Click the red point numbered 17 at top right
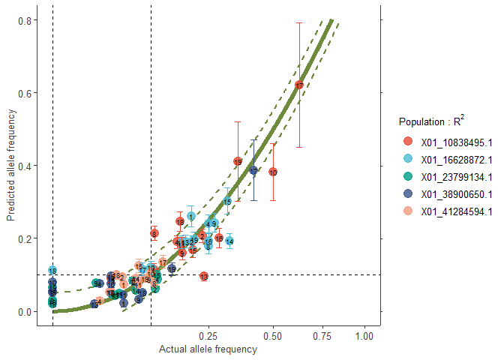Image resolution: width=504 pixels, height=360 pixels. tap(299, 85)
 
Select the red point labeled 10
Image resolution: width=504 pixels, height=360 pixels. tap(273, 172)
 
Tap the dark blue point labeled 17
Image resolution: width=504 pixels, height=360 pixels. tap(253, 171)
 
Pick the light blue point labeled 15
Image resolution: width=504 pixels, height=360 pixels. tap(227, 201)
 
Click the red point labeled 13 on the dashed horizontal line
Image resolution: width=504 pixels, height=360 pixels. tap(204, 276)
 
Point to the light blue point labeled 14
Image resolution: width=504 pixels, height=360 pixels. tap(229, 241)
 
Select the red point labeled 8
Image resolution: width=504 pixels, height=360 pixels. tap(154, 234)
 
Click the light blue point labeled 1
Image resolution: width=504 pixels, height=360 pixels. tap(191, 217)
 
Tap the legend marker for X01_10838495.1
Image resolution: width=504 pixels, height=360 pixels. tap(408, 141)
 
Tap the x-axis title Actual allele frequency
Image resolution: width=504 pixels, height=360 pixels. tap(208, 349)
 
